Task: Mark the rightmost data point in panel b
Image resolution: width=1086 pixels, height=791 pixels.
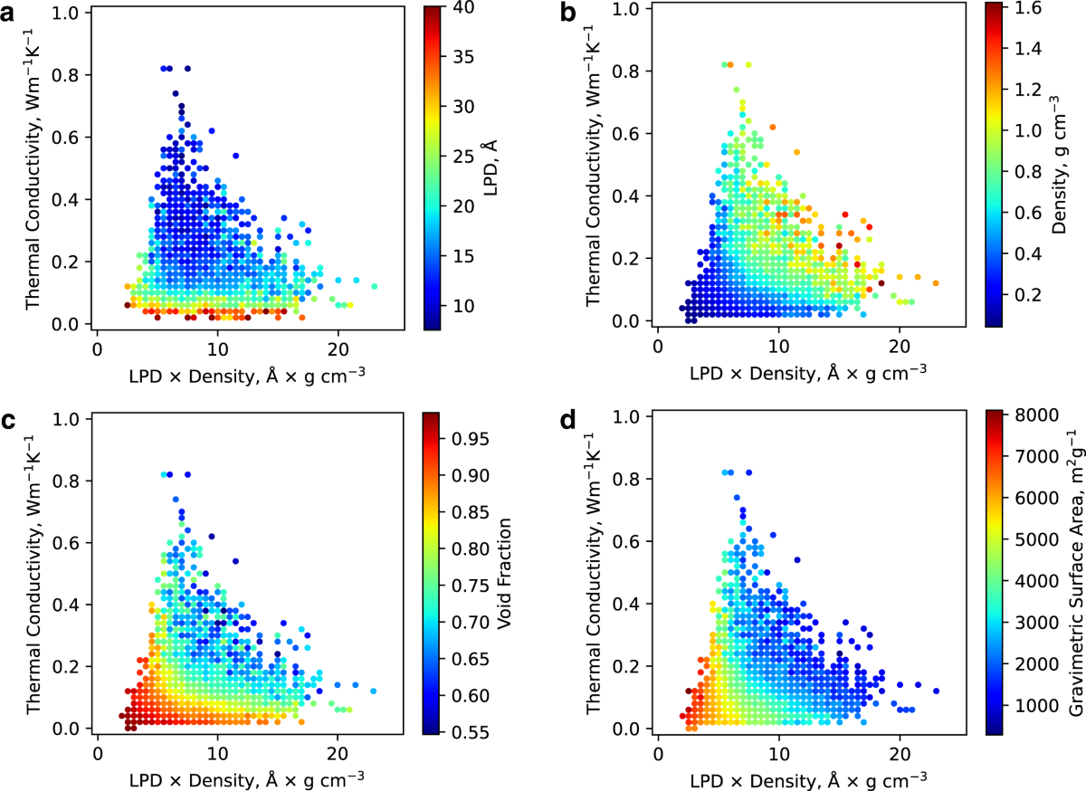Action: point(936,282)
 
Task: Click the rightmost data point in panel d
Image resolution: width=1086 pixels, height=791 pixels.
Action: point(936,691)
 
